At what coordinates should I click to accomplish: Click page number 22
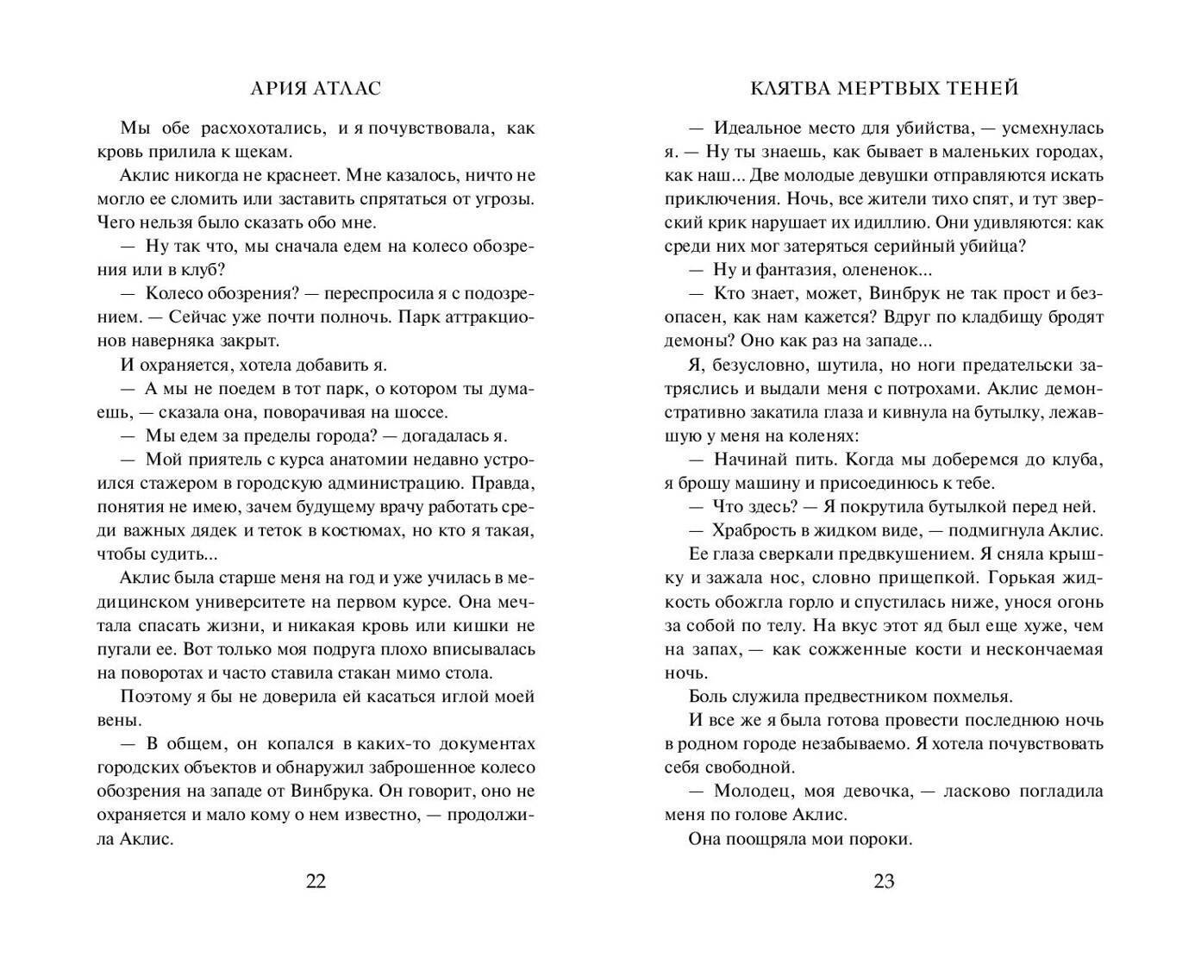pyautogui.click(x=316, y=881)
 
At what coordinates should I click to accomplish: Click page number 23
pyautogui.click(x=884, y=881)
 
